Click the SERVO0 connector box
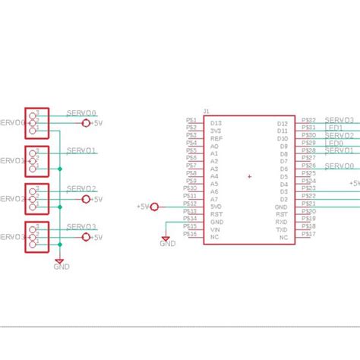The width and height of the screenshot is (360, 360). pos(36,122)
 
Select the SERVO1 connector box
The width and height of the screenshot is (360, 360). pos(36,160)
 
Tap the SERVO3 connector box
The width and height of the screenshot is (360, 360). pos(36,236)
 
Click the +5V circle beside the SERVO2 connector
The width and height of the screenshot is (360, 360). pos(86,199)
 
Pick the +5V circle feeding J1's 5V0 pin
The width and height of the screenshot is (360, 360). pos(155,207)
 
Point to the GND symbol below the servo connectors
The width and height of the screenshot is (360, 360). pos(59,262)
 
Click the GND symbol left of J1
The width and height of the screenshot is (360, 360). pos(166,239)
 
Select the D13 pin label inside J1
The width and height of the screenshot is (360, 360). pos(216,123)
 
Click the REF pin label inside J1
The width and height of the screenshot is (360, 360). pos(216,138)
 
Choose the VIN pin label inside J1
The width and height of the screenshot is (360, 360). pos(216,229)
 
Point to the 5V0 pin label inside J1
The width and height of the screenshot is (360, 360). pos(216,207)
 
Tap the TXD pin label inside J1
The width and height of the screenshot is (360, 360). pos(282,229)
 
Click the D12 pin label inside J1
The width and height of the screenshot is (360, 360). pos(282,123)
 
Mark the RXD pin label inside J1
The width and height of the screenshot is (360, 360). pos(282,222)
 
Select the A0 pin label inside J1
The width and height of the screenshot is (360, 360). pos(215,146)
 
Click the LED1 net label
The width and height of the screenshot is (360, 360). pos(333,128)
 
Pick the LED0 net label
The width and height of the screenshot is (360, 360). pos(333,143)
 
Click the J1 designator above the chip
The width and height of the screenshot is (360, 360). pos(206,111)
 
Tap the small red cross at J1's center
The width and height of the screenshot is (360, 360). pos(249,177)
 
